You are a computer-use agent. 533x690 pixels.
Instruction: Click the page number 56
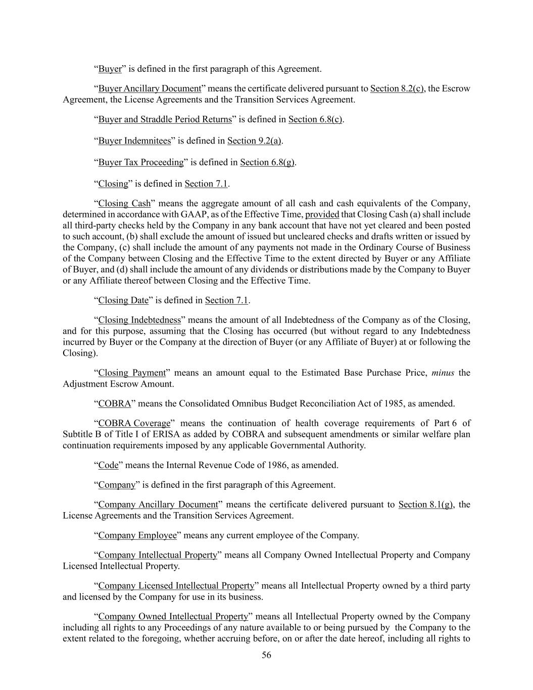pyautogui.click(x=266, y=656)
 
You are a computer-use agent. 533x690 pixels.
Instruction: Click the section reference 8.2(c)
pyautogui.click(x=397, y=89)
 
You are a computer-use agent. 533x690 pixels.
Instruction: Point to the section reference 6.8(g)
pyautogui.click(x=267, y=162)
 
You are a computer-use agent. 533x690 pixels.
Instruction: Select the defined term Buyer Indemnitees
pyautogui.click(x=134, y=141)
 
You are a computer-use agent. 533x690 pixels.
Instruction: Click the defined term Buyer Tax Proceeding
pyautogui.click(x=141, y=162)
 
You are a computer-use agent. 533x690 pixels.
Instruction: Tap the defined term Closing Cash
pyautogui.click(x=124, y=204)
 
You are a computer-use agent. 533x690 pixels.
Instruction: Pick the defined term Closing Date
pyautogui.click(x=123, y=300)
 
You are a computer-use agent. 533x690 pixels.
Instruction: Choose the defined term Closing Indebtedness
pyautogui.click(x=139, y=320)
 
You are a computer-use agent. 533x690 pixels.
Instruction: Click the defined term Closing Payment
pyautogui.click(x=132, y=373)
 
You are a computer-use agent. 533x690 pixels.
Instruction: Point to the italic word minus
pyautogui.click(x=443, y=373)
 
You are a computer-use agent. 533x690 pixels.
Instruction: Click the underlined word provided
pyautogui.click(x=322, y=214)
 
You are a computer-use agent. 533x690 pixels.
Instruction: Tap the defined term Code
pyautogui.click(x=108, y=465)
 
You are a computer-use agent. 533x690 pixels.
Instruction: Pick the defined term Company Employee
pyautogui.click(x=137, y=535)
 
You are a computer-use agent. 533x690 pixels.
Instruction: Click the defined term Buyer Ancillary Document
pyautogui.click(x=150, y=89)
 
